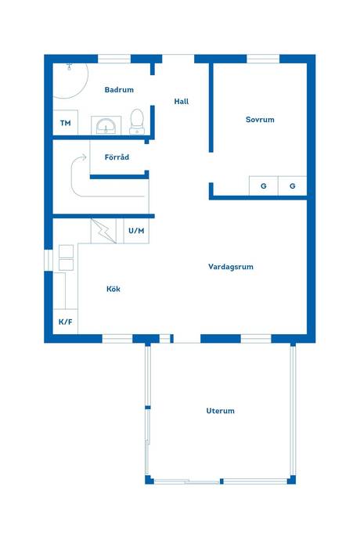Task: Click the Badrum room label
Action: (119, 90)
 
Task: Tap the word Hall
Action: (182, 101)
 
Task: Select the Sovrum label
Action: (260, 120)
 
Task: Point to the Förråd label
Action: (117, 157)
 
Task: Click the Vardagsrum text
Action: (231, 267)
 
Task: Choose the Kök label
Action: (113, 289)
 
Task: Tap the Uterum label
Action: (221, 411)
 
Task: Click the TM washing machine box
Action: (66, 123)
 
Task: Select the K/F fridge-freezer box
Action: (66, 322)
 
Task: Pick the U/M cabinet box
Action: (136, 231)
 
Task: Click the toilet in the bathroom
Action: (137, 121)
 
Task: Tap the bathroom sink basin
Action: (106, 126)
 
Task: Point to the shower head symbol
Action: (70, 66)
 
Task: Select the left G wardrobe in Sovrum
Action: (264, 186)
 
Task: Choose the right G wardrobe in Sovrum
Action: (293, 186)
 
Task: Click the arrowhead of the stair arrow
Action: (84, 157)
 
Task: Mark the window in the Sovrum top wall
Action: (263, 59)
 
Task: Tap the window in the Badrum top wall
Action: (114, 59)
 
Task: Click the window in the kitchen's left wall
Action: (49, 260)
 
